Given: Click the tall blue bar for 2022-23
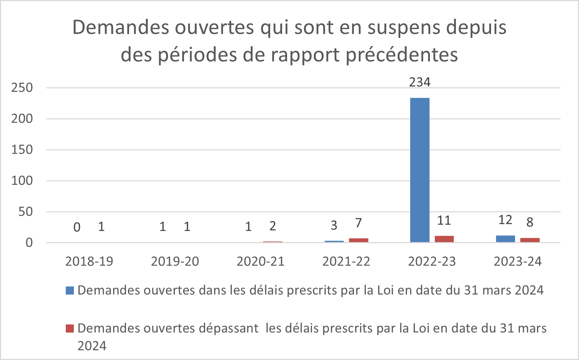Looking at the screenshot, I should pyautogui.click(x=420, y=170).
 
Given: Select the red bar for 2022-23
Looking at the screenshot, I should pyautogui.click(x=444, y=239).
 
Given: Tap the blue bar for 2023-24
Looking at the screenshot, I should pyautogui.click(x=505, y=239).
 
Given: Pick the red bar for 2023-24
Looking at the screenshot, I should pyautogui.click(x=530, y=240).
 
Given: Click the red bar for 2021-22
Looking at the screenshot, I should pyautogui.click(x=358, y=240).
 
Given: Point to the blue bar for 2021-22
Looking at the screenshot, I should pyautogui.click(x=334, y=241).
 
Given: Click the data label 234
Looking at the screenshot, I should pyautogui.click(x=420, y=82).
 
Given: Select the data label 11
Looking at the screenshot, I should pyautogui.click(x=444, y=221).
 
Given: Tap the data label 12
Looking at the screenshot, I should pyautogui.click(x=505, y=220).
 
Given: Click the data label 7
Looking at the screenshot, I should pyautogui.click(x=358, y=223).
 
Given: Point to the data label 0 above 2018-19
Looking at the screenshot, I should pyautogui.click(x=77, y=227).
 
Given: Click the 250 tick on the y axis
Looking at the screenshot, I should pyautogui.click(x=22, y=88).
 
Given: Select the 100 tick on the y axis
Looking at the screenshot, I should pyautogui.click(x=22, y=181).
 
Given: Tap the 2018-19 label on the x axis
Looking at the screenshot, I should pyautogui.click(x=89, y=261).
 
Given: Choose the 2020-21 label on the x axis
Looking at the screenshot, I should pyautogui.click(x=261, y=261).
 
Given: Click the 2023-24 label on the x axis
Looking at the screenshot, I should pyautogui.click(x=518, y=261).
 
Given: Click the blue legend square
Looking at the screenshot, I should pyautogui.click(x=70, y=290).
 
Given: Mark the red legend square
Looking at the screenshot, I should pyautogui.click(x=70, y=328).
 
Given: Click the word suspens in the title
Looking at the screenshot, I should pyautogui.click(x=397, y=28).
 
